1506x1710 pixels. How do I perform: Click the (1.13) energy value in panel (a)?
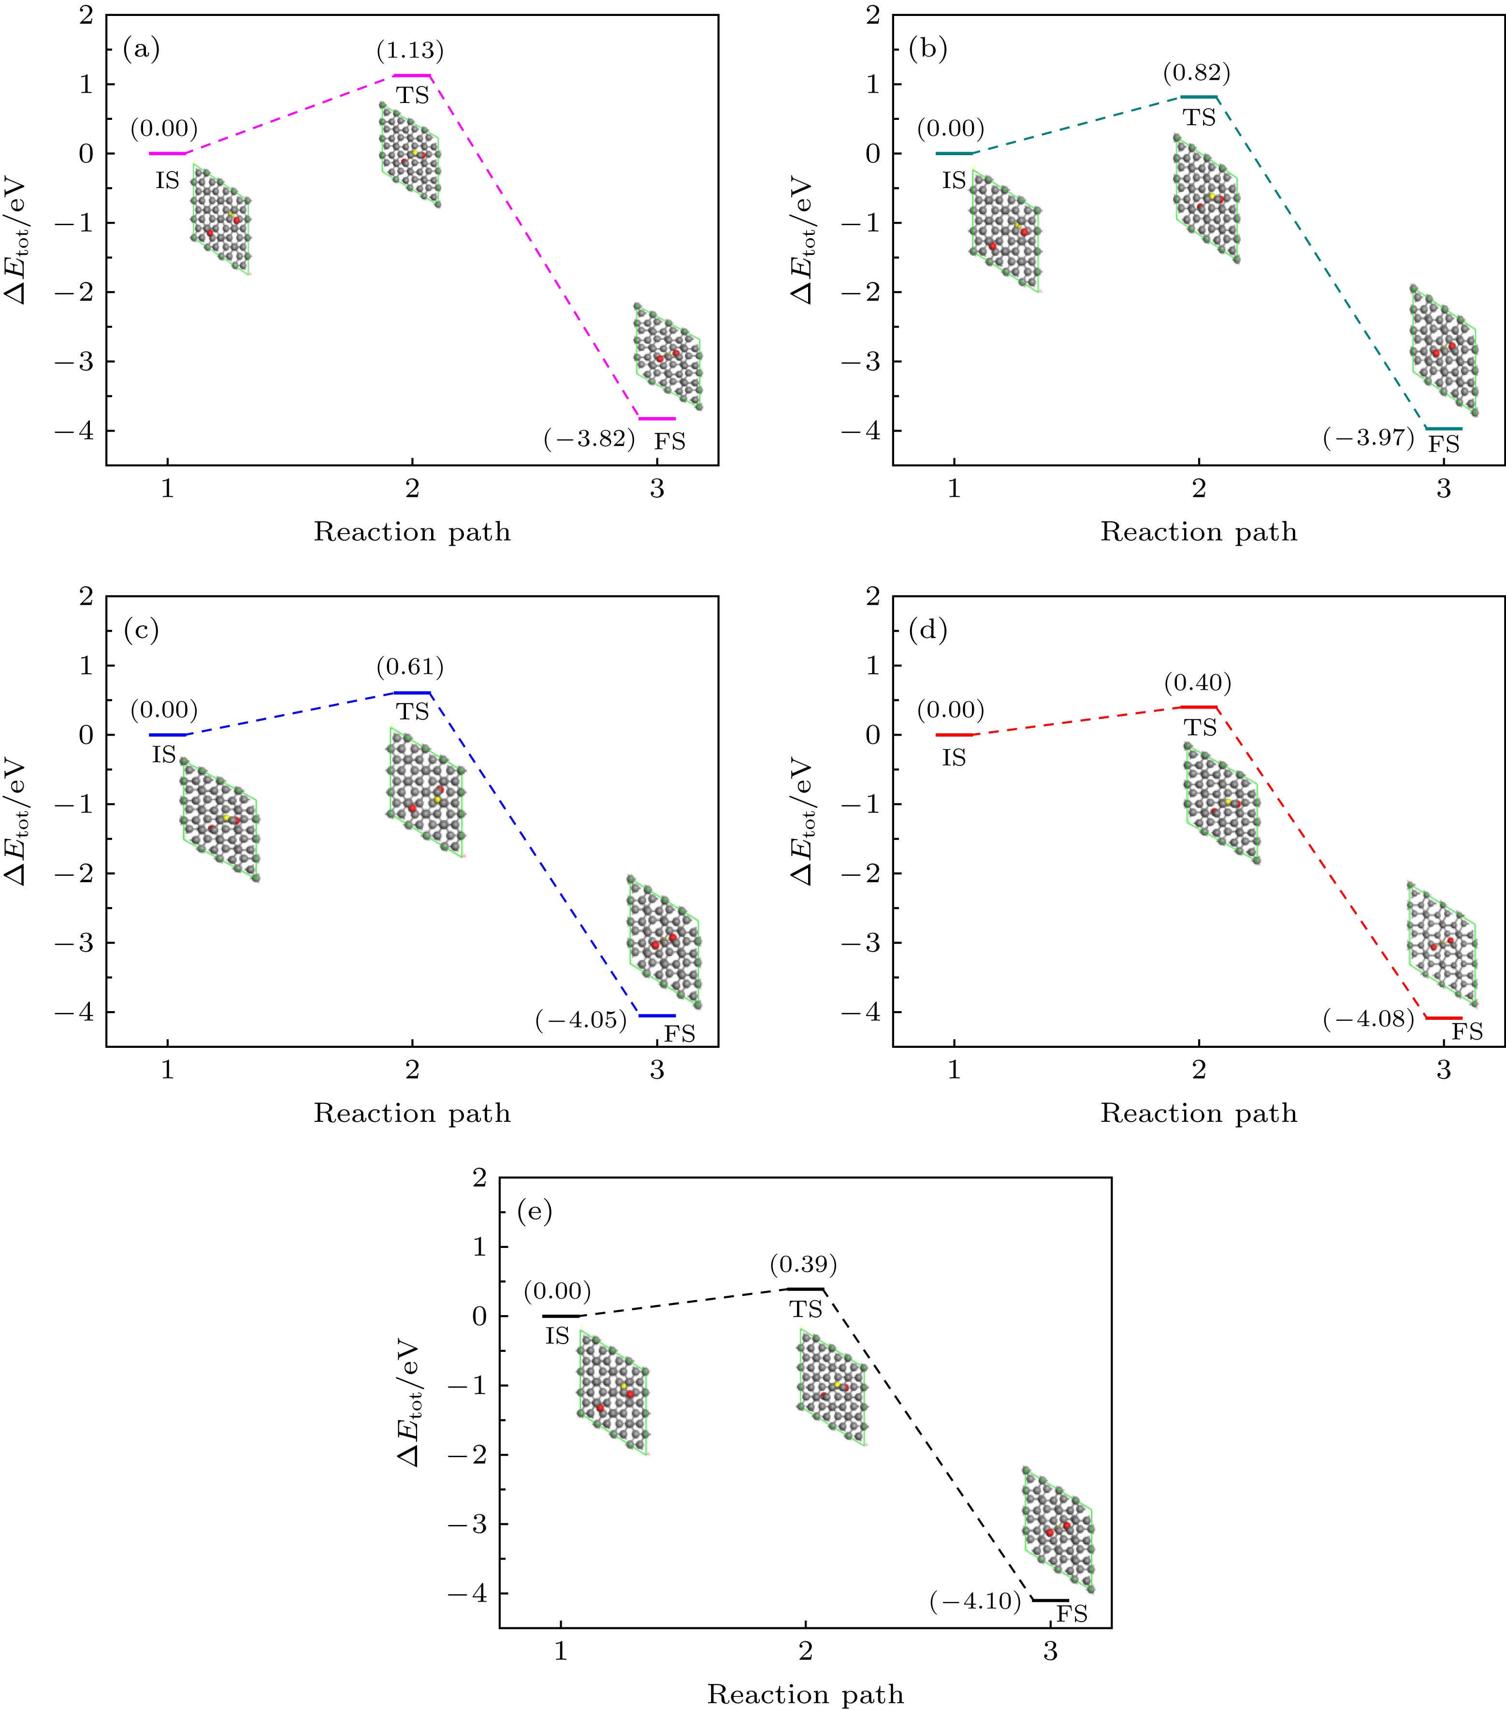(x=410, y=51)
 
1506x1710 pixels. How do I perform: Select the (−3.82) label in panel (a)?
(x=589, y=438)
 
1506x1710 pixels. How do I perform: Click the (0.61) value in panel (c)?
(x=410, y=667)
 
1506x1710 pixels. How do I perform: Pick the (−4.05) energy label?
(x=581, y=1020)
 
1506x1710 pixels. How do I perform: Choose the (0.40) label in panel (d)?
(x=1198, y=683)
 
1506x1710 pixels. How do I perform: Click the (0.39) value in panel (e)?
(x=803, y=1264)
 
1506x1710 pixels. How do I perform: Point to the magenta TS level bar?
(x=412, y=76)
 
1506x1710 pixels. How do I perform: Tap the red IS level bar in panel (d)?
(x=954, y=735)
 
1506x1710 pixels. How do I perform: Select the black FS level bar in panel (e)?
(x=1050, y=1600)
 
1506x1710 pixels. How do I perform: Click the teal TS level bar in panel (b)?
(x=1199, y=97)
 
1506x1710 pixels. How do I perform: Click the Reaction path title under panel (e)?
(x=805, y=1694)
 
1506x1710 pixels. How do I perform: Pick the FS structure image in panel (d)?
(x=1442, y=943)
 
